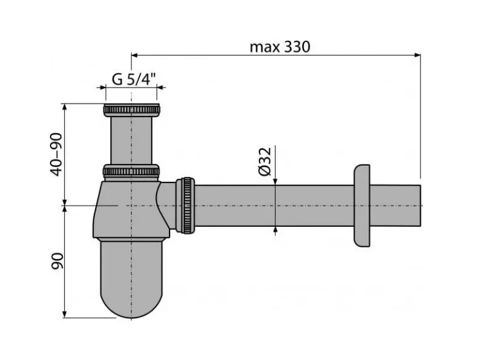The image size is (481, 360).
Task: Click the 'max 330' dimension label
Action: [x=279, y=47]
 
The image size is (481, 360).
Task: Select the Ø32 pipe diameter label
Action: [x=265, y=162]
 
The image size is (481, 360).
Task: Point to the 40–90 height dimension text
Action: [x=57, y=153]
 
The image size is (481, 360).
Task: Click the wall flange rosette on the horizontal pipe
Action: [x=362, y=205]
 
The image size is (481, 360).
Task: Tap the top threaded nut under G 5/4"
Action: [x=131, y=111]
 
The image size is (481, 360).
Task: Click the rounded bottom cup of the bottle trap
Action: [x=131, y=277]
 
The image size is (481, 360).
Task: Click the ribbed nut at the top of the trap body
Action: [x=131, y=171]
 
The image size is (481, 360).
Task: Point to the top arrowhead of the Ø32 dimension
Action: [x=276, y=181]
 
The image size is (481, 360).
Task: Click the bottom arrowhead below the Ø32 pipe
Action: [x=276, y=230]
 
